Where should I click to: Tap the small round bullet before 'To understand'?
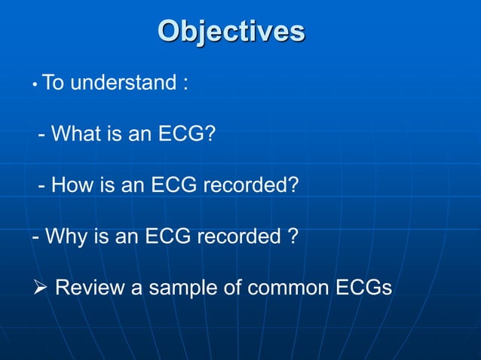pyautogui.click(x=35, y=86)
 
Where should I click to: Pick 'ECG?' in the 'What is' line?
pyautogui.click(x=186, y=134)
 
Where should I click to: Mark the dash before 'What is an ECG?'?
pyautogui.click(x=42, y=136)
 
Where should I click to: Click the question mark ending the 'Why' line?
pyautogui.click(x=293, y=236)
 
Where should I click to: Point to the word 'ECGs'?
pyautogui.click(x=365, y=288)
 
